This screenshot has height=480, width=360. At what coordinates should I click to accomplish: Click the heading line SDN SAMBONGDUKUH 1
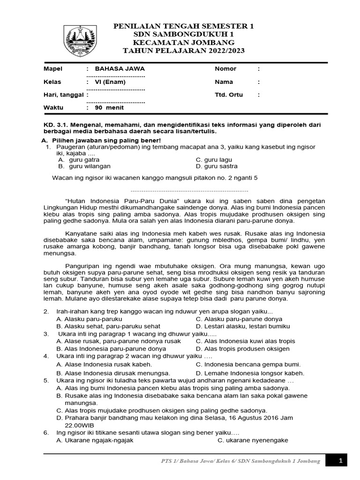coord(183,35)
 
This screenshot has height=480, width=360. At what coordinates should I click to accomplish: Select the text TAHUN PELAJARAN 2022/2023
coord(183,50)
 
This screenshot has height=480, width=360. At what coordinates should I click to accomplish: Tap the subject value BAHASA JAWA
coord(116,69)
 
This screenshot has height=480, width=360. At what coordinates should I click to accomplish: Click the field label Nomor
coord(225,69)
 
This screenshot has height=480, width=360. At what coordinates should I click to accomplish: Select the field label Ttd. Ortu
coord(229,95)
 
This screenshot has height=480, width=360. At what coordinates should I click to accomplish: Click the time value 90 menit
coord(109,107)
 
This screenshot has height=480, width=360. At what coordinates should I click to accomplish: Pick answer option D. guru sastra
coord(217,166)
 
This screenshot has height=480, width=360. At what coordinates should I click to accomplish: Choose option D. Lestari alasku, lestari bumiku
coord(243,326)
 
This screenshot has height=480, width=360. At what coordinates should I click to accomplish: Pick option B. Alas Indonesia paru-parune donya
coord(111,349)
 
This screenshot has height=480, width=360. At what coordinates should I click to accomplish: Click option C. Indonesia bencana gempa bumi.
coord(248,364)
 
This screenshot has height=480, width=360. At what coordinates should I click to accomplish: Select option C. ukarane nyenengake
coord(253,441)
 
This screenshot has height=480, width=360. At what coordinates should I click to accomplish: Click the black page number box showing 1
coord(340,461)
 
